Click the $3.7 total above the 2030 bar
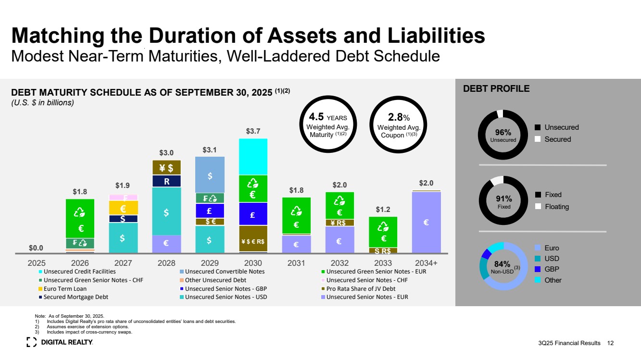253,131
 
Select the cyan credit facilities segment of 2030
253,157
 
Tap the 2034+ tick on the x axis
426,263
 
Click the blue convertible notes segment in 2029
210,175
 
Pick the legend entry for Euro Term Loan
65,288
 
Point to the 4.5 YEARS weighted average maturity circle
328,123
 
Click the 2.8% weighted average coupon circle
399,123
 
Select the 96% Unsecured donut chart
503,135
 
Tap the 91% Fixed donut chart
503,201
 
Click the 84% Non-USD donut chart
503,266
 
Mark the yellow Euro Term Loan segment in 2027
123,208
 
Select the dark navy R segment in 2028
166,181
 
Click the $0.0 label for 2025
36,248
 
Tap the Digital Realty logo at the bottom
60,342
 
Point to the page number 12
611,343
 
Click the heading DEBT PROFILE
496,89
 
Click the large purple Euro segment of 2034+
426,222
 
